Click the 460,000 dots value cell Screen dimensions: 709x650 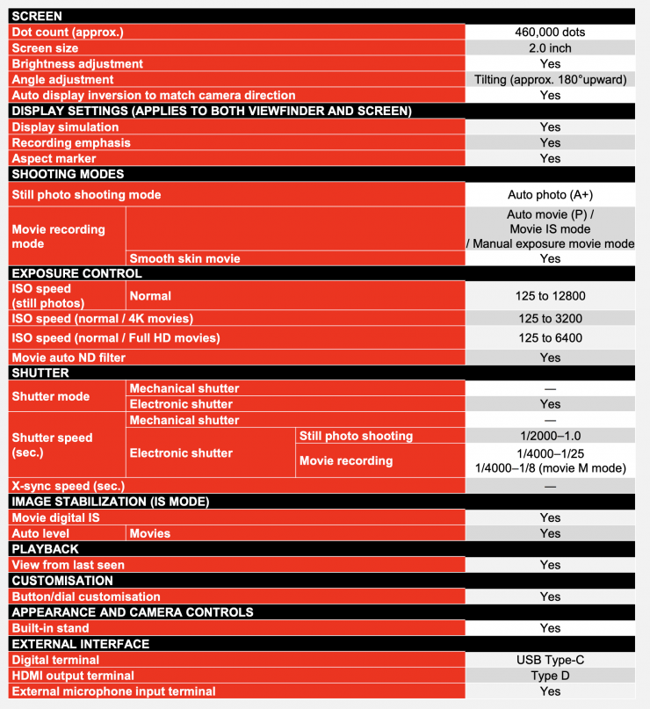coord(550,33)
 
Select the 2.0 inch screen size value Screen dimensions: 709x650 coord(550,48)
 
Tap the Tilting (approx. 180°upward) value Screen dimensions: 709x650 coord(550,80)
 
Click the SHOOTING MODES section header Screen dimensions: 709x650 coord(69,174)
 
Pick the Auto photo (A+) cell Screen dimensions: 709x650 coord(550,194)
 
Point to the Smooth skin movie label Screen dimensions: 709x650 coord(185,258)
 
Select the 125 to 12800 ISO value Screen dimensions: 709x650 coord(550,297)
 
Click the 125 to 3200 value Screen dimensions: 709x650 coord(550,319)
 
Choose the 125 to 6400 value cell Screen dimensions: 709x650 coord(550,338)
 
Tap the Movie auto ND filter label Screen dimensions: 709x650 coord(69,358)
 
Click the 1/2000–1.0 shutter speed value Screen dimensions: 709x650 coord(550,436)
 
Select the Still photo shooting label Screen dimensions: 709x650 coord(356,436)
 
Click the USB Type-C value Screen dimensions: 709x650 coord(550,660)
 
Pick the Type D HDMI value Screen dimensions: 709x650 coord(550,676)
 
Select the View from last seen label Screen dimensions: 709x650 coord(69,565)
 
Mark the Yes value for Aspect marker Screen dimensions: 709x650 coord(550,159)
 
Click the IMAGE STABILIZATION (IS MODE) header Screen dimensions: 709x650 coord(110,501)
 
